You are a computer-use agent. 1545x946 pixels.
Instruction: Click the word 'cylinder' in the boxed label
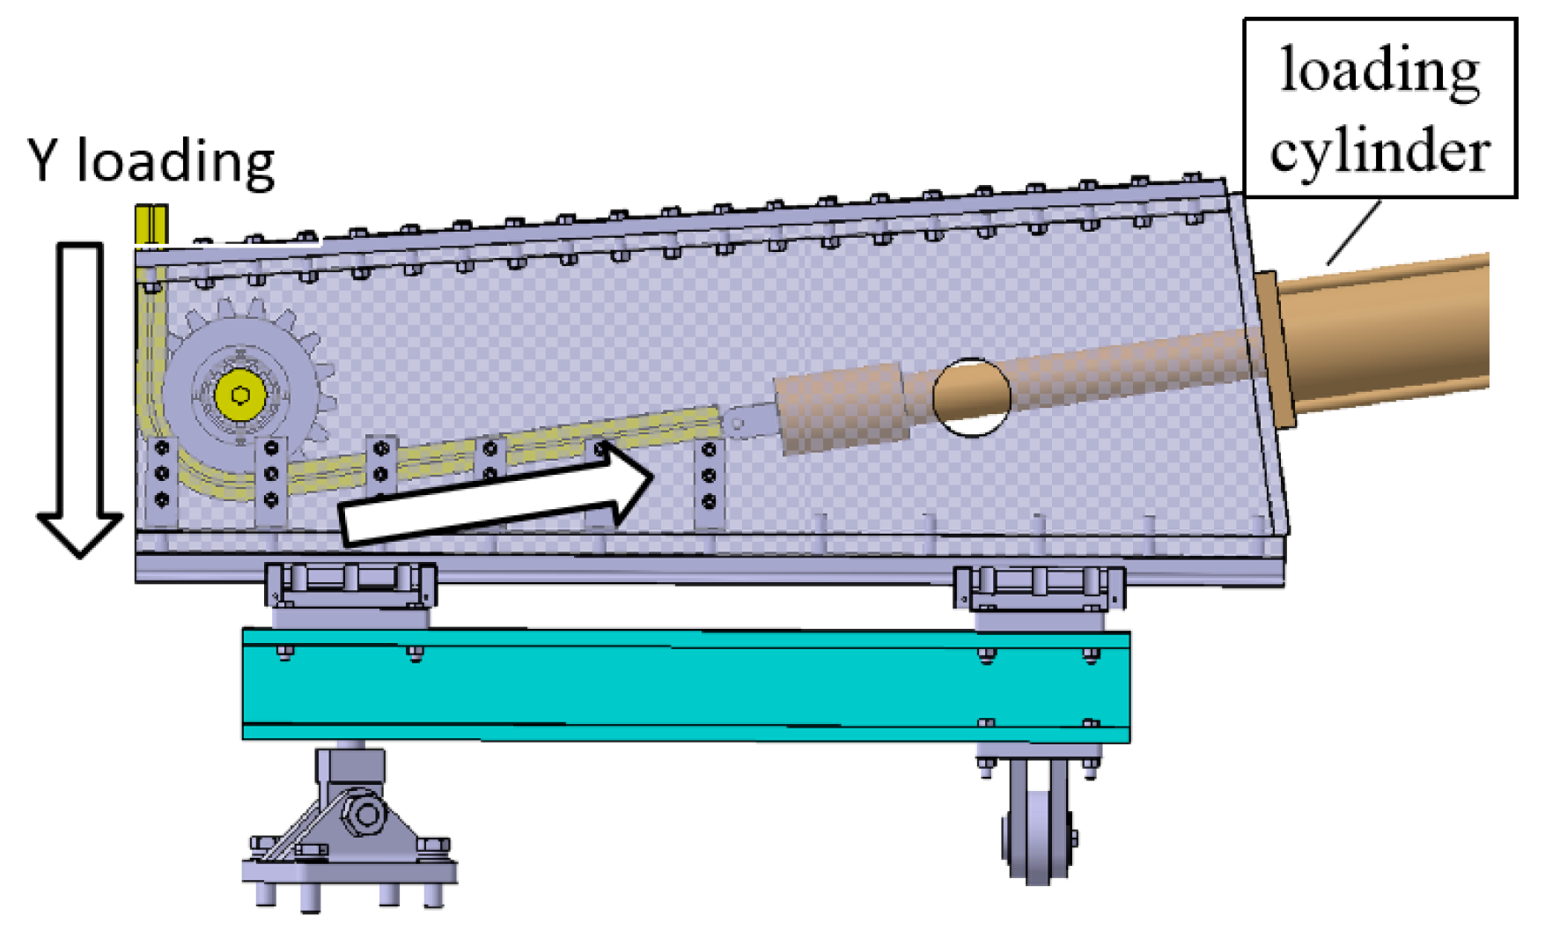pos(1379,150)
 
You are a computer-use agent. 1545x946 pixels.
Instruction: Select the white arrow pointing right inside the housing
pos(496,495)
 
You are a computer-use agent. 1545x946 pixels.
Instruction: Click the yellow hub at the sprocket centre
pos(240,395)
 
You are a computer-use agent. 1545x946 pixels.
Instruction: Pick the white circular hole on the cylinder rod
pos(972,397)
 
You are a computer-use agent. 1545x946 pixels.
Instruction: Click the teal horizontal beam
pos(686,685)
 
